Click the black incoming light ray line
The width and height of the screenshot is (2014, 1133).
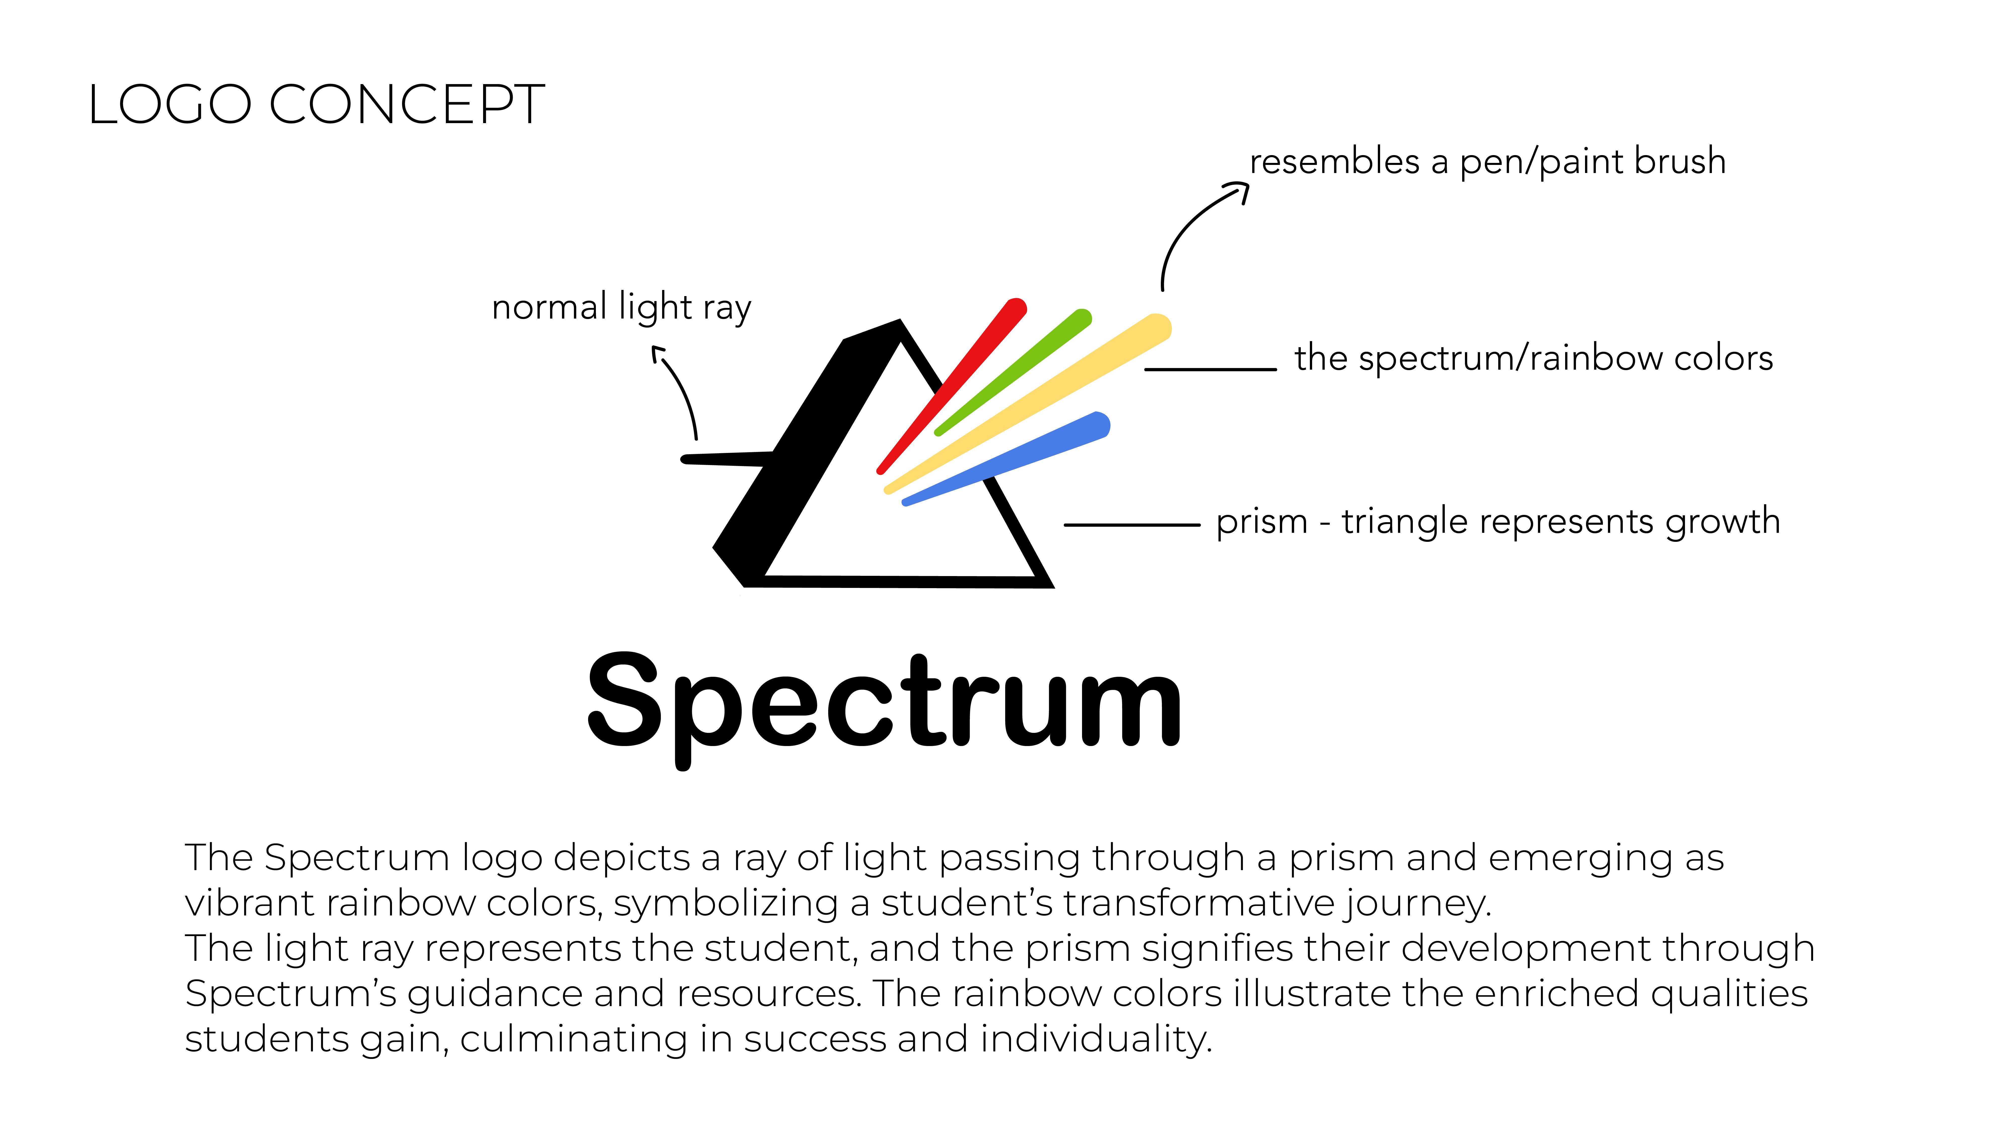click(x=723, y=459)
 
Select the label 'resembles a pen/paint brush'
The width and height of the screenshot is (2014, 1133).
click(x=1487, y=162)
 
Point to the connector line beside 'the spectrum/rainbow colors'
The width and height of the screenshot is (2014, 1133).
click(x=1210, y=369)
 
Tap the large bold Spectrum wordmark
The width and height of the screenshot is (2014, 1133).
click(x=883, y=702)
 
